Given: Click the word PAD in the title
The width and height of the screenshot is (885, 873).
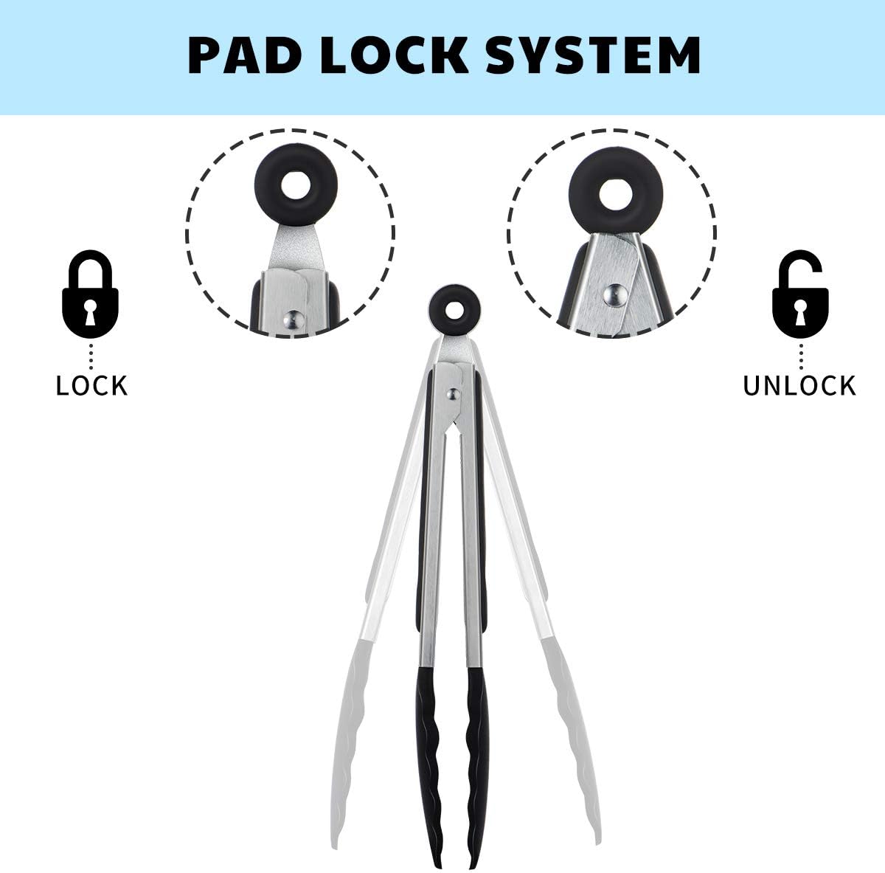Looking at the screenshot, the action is tap(244, 55).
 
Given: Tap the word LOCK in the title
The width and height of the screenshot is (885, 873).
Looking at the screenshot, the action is tap(395, 55).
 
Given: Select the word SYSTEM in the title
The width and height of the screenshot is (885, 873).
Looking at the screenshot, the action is tap(593, 55).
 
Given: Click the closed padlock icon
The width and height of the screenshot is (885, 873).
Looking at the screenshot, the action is tap(91, 294).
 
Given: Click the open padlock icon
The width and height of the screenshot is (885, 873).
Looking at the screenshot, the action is tap(800, 294).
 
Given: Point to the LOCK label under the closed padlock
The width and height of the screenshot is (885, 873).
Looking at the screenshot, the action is tap(91, 386).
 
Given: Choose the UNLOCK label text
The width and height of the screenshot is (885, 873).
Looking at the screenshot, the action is tap(799, 386).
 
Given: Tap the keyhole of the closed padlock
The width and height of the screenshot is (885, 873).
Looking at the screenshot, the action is tap(91, 313).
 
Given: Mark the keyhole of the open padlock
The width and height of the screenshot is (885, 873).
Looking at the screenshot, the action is tap(800, 313).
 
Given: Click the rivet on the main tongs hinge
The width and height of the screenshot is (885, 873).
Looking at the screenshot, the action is tap(454, 394).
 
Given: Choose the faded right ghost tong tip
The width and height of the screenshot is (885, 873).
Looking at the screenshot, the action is tap(577, 740).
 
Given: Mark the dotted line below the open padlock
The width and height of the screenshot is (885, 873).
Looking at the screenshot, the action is tap(800, 357).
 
